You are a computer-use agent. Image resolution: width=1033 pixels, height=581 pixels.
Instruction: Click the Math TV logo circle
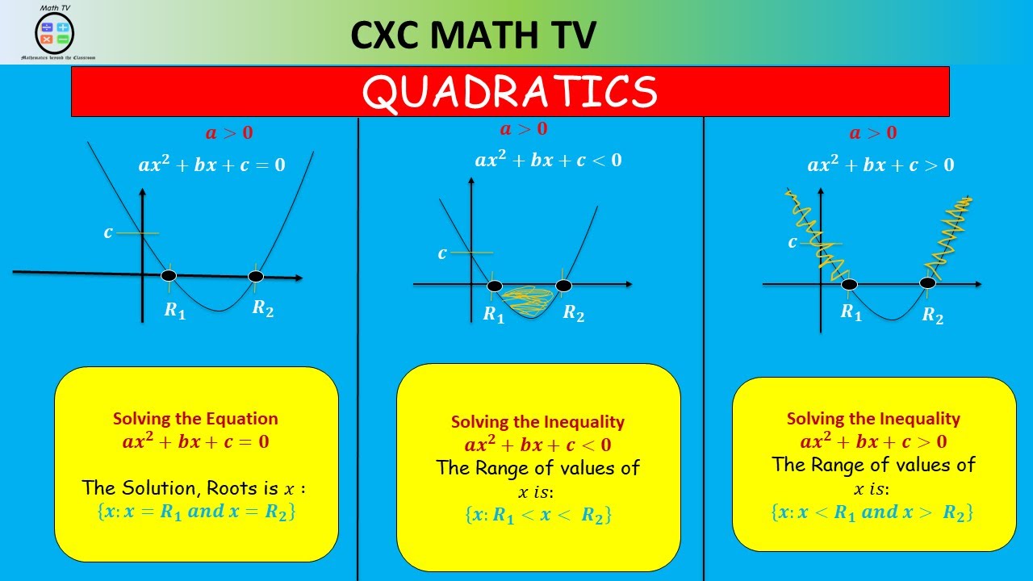[x=55, y=32]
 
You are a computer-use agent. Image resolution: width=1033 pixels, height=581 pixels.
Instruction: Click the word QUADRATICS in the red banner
[x=510, y=92]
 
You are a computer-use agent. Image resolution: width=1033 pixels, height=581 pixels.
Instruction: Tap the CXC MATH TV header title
[x=474, y=35]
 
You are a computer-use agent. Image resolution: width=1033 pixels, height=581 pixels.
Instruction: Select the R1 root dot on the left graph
[x=169, y=276]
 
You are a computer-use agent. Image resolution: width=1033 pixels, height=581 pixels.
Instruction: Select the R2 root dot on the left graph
[x=256, y=277]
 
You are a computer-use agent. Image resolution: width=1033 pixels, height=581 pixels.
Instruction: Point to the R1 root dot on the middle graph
[x=495, y=286]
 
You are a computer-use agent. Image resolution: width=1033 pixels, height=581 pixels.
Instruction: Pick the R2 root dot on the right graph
[x=928, y=282]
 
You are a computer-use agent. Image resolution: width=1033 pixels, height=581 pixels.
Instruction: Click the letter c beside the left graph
[x=108, y=232]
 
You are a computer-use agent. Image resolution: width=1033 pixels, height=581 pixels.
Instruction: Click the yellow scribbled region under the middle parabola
[x=529, y=302]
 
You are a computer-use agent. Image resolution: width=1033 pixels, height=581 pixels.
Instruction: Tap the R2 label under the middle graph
[x=574, y=313]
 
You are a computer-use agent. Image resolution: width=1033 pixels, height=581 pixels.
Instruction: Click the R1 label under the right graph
[x=851, y=312]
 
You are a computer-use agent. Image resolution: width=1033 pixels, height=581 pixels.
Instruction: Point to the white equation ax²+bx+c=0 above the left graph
[x=211, y=165]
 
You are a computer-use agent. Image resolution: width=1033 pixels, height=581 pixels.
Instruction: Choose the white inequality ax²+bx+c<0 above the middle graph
[x=548, y=160]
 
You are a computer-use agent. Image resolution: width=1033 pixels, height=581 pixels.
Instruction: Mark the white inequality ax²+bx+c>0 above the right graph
[x=880, y=165]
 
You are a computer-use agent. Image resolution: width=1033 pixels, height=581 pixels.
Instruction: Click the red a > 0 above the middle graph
[x=523, y=129]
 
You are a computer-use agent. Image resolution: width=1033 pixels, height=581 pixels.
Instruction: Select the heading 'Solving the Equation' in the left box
[x=195, y=419]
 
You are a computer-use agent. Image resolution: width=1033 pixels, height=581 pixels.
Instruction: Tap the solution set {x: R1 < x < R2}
[x=538, y=515]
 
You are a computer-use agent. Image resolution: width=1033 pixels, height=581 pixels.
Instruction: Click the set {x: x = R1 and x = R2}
[x=195, y=511]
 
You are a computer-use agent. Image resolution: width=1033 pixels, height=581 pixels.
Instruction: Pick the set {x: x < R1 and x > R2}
[x=872, y=512]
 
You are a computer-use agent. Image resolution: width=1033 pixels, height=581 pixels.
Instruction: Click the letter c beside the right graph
[x=793, y=243]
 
